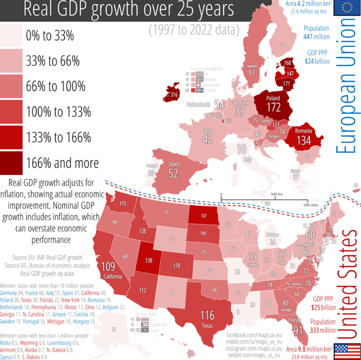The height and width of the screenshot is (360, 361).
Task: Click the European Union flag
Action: click(x=347, y=8)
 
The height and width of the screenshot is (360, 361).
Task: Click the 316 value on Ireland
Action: click(x=174, y=95)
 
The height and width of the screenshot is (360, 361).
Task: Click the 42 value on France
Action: click(x=207, y=139)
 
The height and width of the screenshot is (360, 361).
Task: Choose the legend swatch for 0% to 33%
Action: click(x=11, y=36)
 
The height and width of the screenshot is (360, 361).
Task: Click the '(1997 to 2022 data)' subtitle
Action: click(x=193, y=31)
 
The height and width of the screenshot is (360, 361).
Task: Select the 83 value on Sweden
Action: click(x=251, y=72)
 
